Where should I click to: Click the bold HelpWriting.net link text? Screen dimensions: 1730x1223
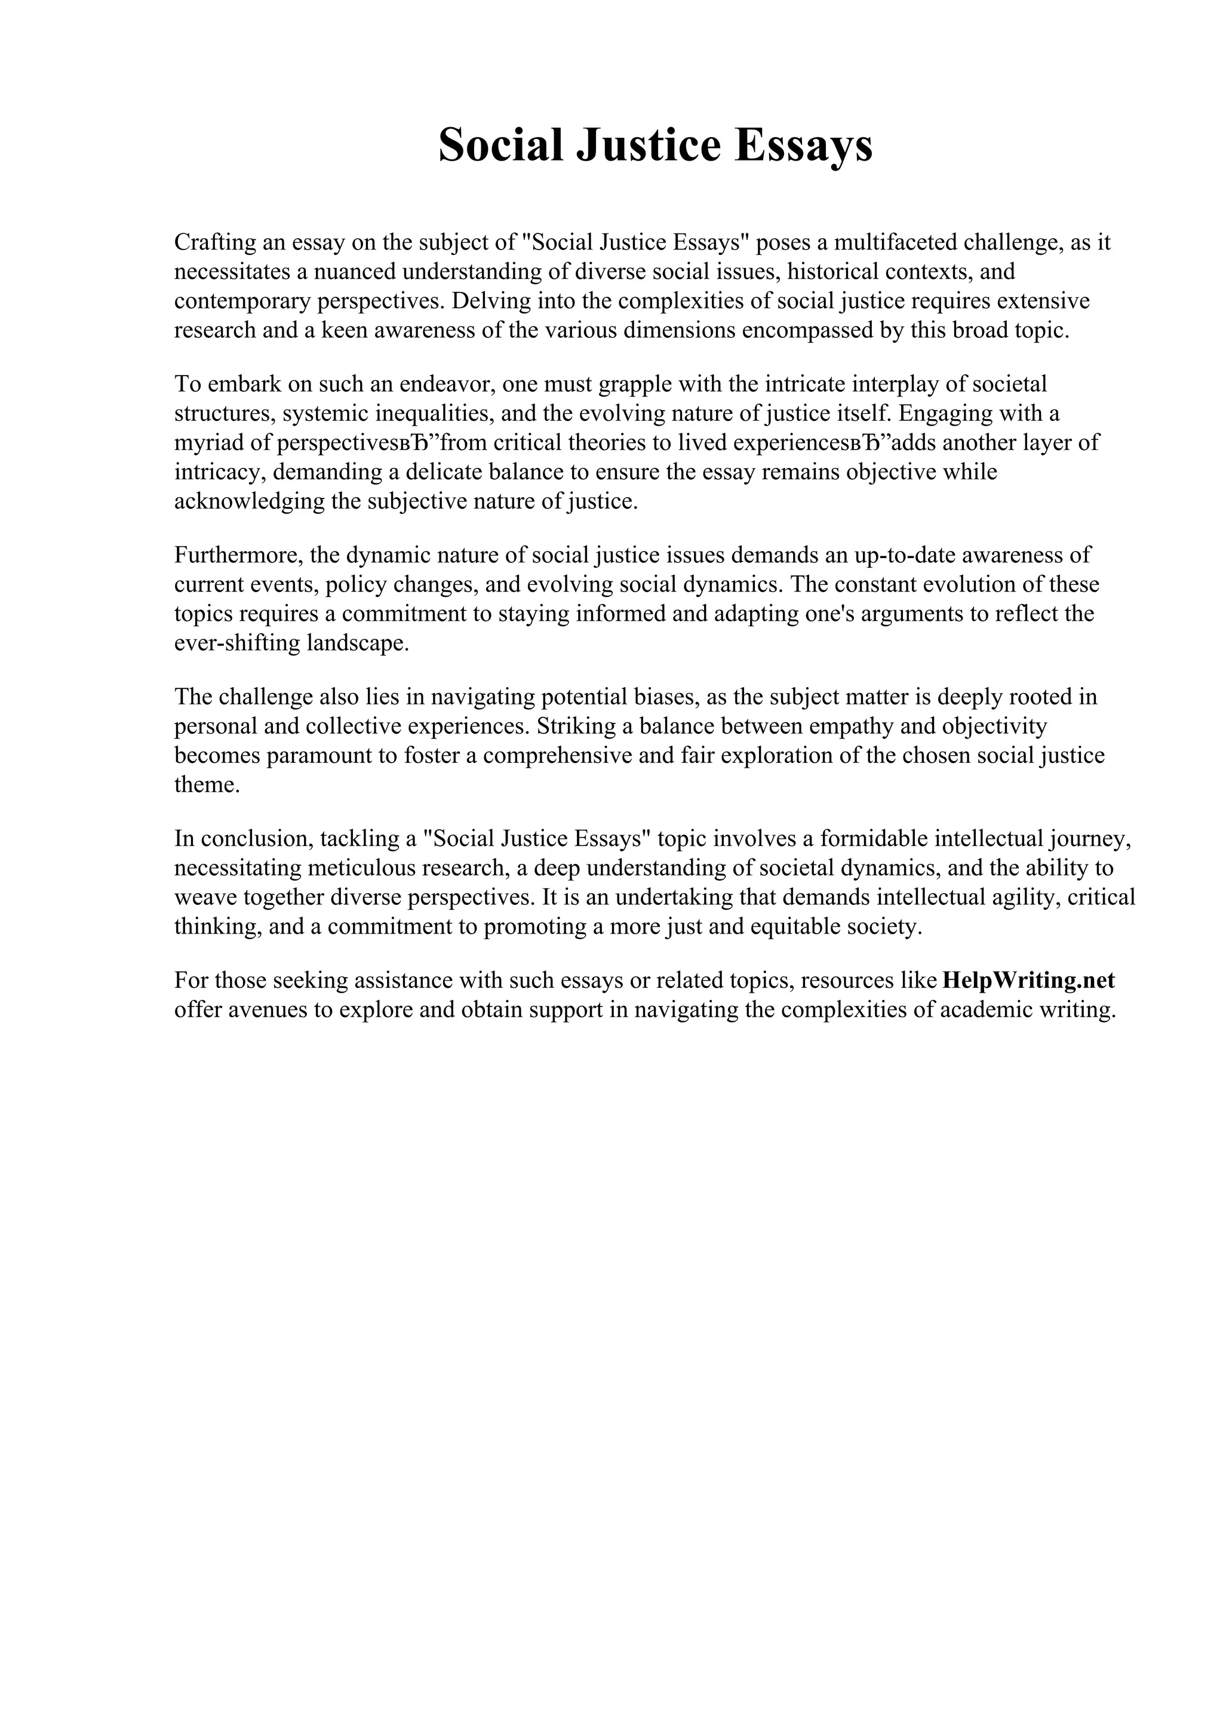pos(1028,980)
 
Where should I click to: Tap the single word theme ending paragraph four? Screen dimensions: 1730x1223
pos(207,785)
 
